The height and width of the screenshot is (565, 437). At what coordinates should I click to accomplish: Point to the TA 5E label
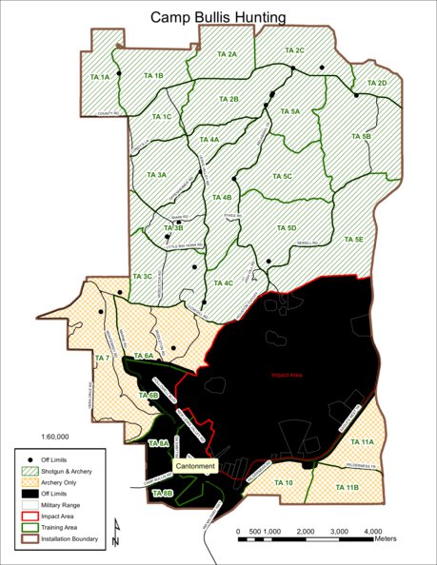tap(353, 240)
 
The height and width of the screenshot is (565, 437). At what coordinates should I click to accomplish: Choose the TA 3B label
tap(172, 228)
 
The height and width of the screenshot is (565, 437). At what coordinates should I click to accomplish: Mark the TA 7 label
tap(103, 358)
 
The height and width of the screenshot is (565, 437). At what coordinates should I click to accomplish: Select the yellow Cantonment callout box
tap(195, 466)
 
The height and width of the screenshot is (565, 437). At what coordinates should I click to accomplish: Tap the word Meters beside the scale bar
tap(386, 538)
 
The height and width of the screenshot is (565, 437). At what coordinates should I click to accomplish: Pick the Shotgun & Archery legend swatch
tap(29, 470)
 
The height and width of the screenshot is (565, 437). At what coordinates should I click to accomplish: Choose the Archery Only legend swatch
tap(29, 483)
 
